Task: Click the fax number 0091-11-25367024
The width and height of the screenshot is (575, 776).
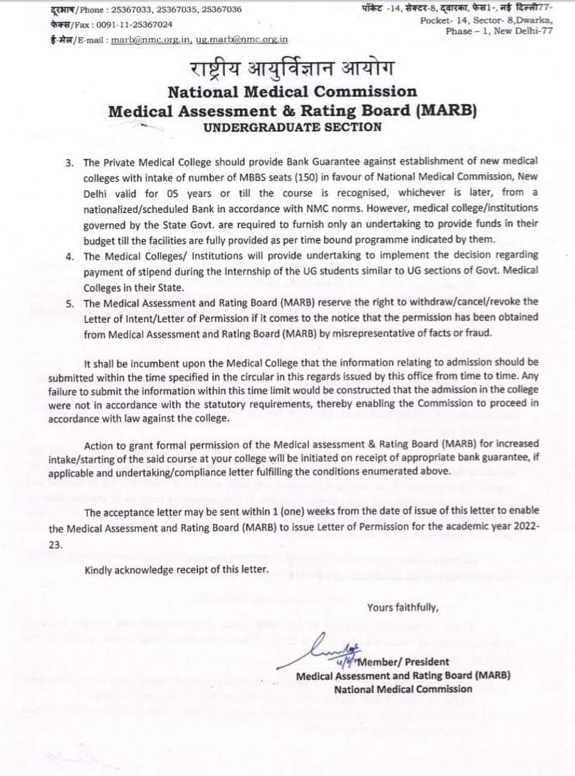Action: pos(134,25)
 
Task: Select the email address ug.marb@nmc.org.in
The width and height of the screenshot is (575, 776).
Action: pos(242,40)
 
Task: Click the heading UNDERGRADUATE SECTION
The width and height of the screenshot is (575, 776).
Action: pos(292,127)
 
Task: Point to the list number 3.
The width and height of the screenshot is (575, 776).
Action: pos(70,163)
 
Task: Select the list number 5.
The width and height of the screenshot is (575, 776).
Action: pos(70,304)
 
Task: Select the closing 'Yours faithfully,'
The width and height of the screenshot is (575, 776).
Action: pos(402,608)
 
